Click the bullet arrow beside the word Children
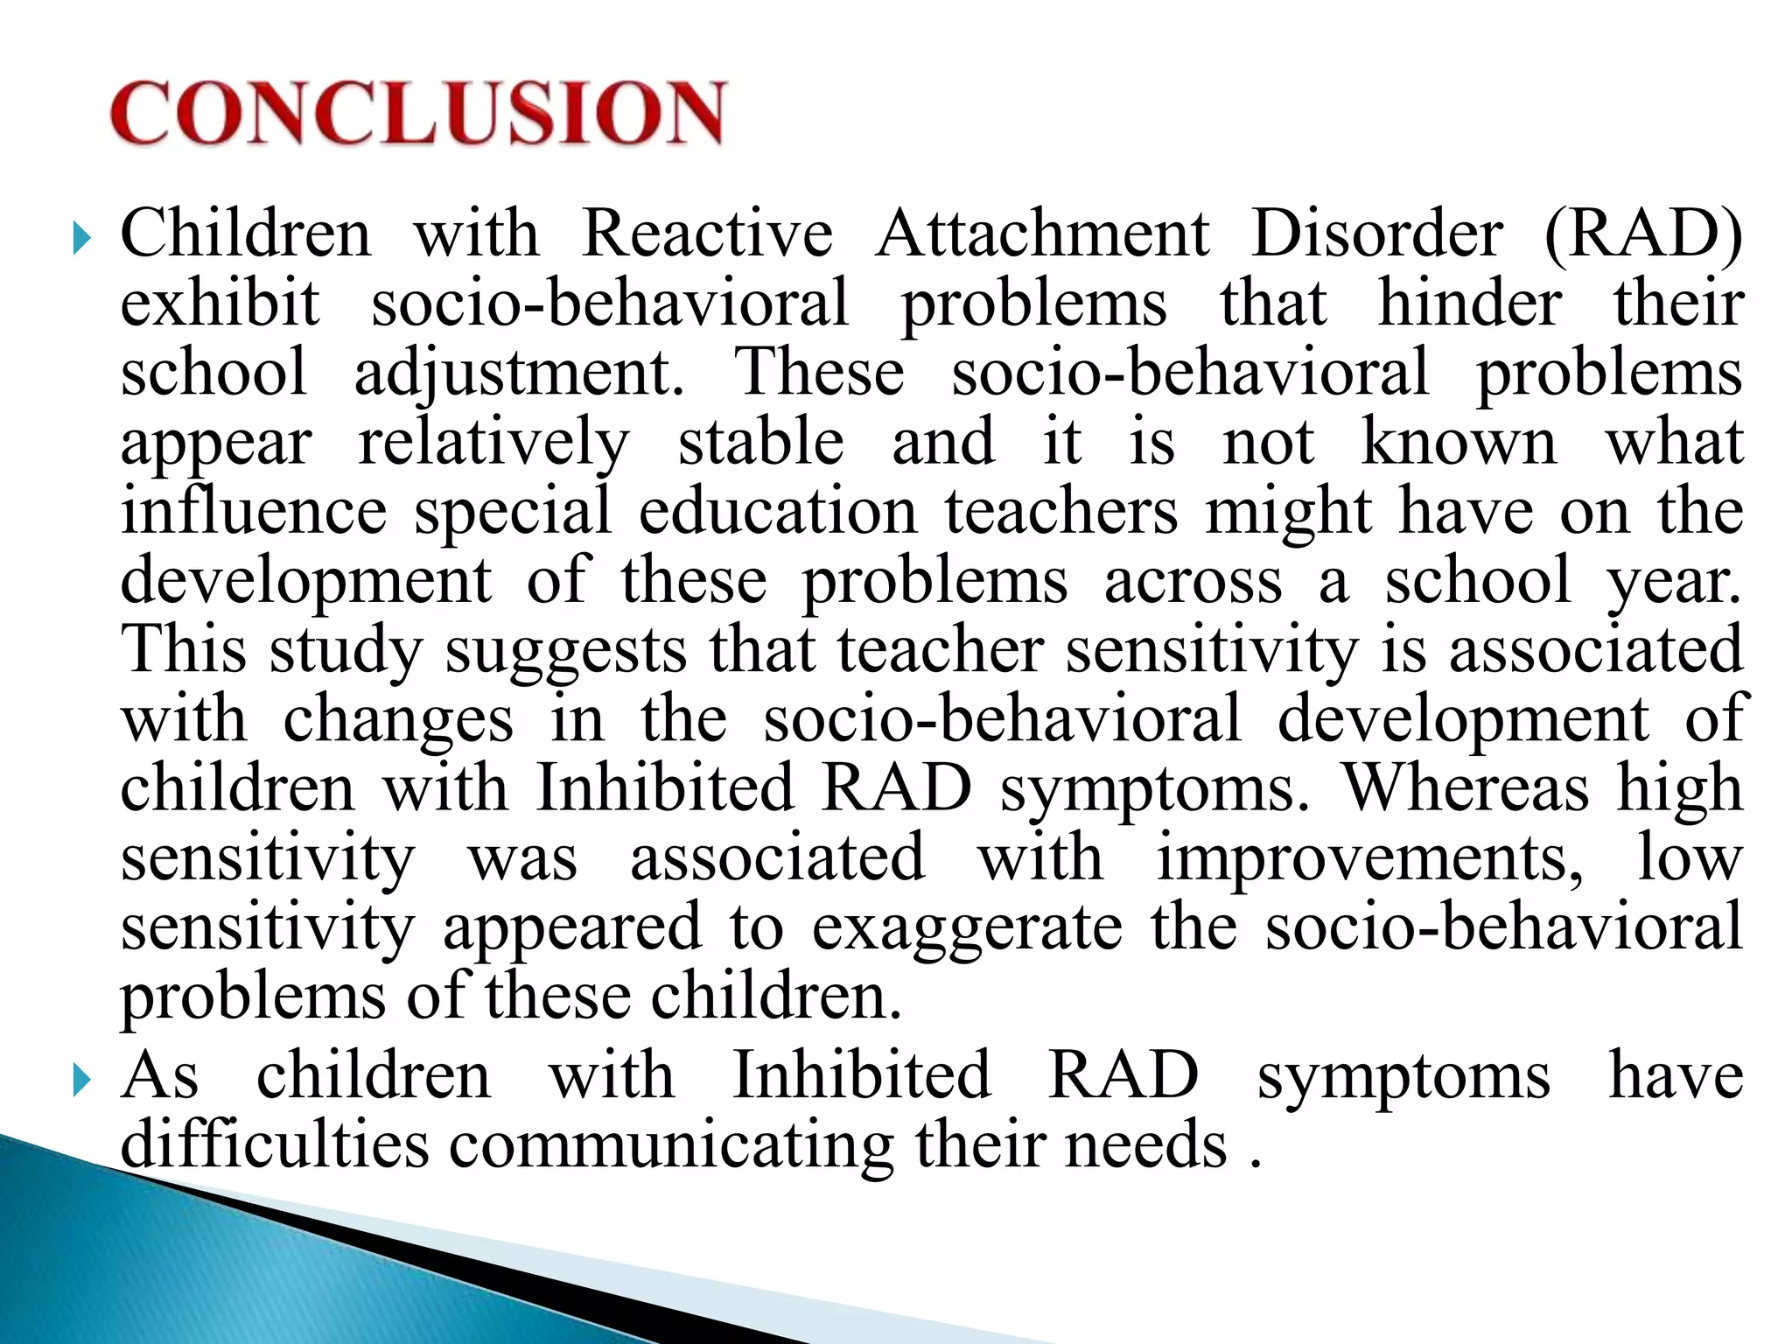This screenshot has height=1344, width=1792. (81, 238)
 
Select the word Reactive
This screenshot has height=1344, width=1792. (707, 234)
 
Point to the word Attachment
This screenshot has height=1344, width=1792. (1042, 234)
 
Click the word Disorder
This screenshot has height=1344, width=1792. (1377, 234)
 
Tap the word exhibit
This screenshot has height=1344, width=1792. (220, 303)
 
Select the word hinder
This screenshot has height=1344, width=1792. (1470, 303)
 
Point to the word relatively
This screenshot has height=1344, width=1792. (493, 443)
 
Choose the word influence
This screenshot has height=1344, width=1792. (254, 511)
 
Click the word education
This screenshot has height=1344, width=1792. (778, 511)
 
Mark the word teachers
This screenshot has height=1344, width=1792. (1061, 511)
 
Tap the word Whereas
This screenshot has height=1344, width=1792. (1466, 787)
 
